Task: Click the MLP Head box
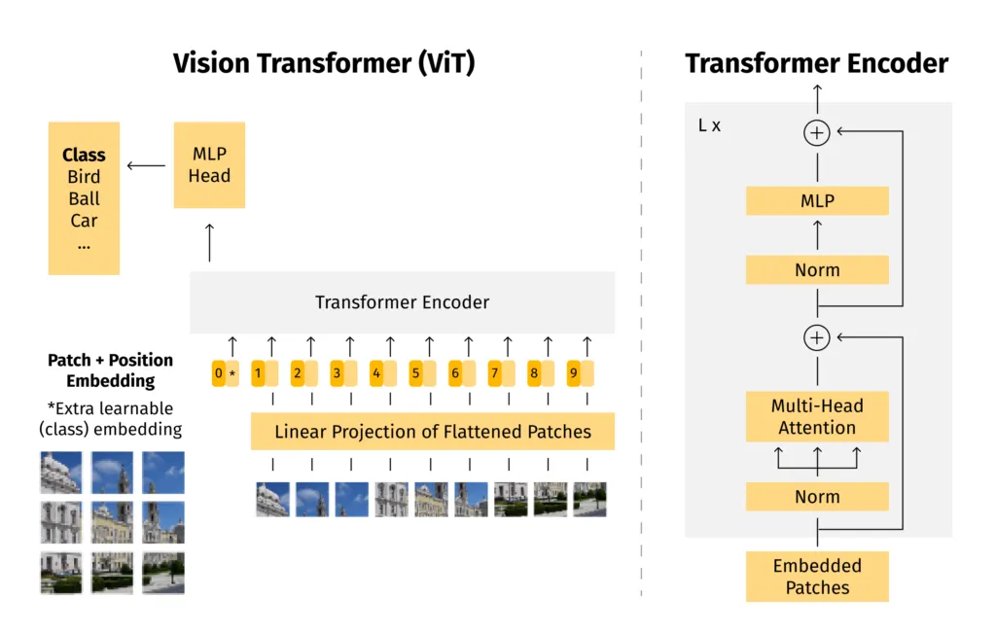click(x=209, y=164)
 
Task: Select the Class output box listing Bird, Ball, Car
click(x=84, y=198)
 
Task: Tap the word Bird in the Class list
click(x=84, y=177)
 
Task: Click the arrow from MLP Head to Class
click(x=147, y=164)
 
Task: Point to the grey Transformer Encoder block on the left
click(x=402, y=302)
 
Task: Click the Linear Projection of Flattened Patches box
click(x=433, y=431)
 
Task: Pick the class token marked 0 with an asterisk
click(x=225, y=372)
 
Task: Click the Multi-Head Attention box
click(x=817, y=416)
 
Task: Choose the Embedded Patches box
click(x=817, y=577)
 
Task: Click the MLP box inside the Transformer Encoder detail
click(x=817, y=201)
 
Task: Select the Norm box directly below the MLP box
click(x=817, y=270)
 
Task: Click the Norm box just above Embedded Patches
click(x=817, y=497)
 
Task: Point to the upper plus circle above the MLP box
click(x=817, y=132)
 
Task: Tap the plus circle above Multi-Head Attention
click(x=817, y=337)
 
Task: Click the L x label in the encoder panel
click(x=710, y=126)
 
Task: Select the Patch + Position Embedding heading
click(x=111, y=370)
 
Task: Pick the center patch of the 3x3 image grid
click(x=112, y=522)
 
